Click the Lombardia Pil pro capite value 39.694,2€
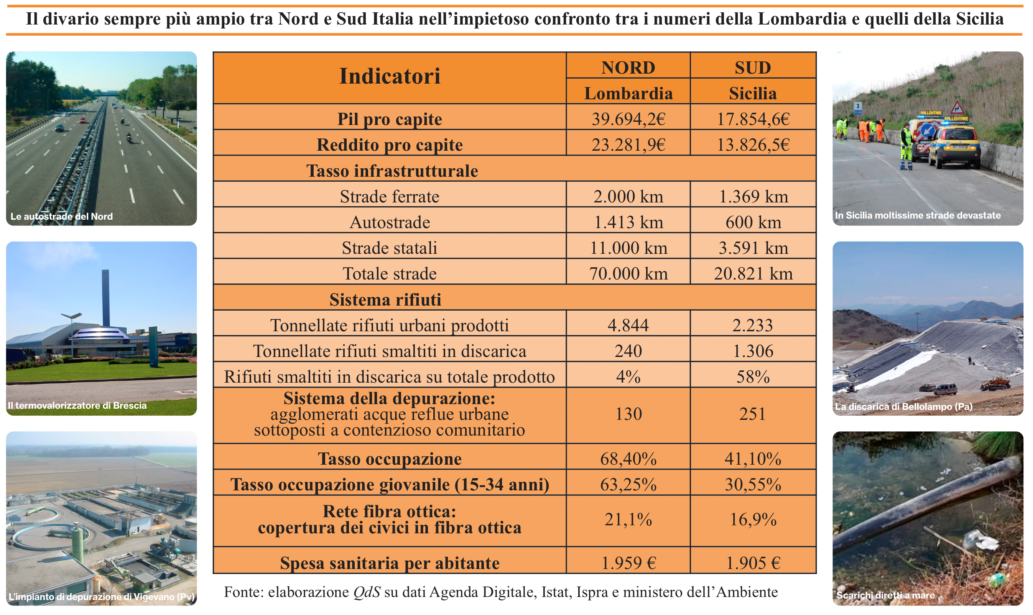[628, 119]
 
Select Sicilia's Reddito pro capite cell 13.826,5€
[752, 145]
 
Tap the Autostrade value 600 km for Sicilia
[752, 222]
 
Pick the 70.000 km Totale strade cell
[628, 274]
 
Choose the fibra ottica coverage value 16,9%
[752, 520]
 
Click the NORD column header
[628, 67]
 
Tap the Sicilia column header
[752, 93]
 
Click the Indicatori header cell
[390, 76]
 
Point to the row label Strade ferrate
[390, 197]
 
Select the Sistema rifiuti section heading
[385, 299]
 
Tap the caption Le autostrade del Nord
[61, 216]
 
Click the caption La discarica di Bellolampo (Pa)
[903, 406]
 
